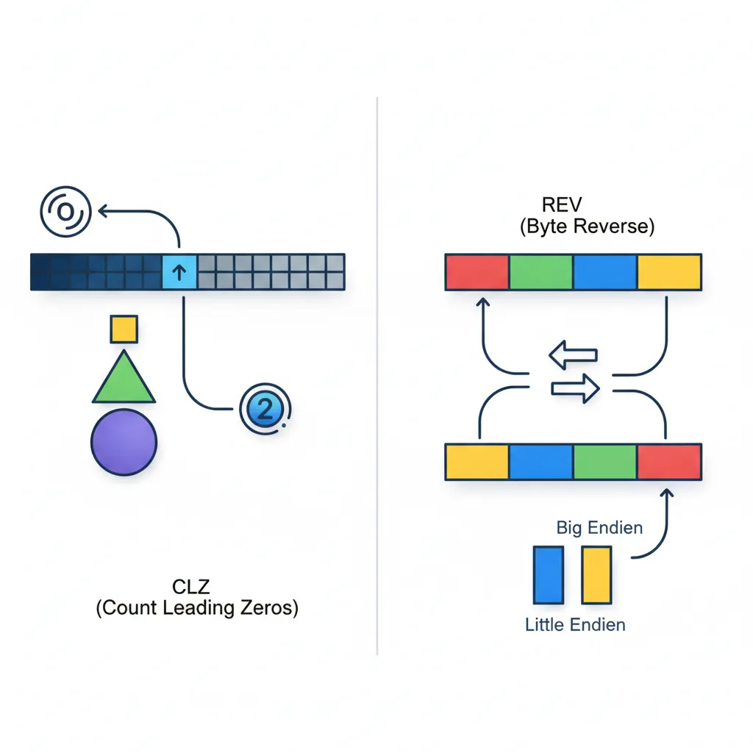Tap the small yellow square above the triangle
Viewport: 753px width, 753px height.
pyautogui.click(x=124, y=329)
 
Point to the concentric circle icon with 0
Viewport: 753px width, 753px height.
pyautogui.click(x=65, y=212)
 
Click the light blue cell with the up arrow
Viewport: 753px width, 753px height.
pyautogui.click(x=179, y=272)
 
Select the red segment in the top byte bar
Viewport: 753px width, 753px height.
pyautogui.click(x=477, y=272)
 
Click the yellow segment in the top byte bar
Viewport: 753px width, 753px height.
pyautogui.click(x=668, y=272)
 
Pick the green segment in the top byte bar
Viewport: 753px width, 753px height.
pyautogui.click(x=540, y=272)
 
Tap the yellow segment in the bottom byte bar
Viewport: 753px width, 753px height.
pyautogui.click(x=477, y=462)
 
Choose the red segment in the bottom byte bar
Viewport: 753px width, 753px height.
pyautogui.click(x=668, y=462)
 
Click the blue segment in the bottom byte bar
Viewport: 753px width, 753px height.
pyautogui.click(x=540, y=462)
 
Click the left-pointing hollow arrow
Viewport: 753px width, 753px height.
pyautogui.click(x=573, y=356)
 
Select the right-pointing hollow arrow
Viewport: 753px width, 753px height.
pyautogui.click(x=576, y=388)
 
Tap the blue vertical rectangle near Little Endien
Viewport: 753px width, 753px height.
pyautogui.click(x=547, y=575)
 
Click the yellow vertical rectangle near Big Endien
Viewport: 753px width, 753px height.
pyautogui.click(x=596, y=575)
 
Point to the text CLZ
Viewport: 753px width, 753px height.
pyautogui.click(x=191, y=587)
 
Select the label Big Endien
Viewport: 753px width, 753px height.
pyautogui.click(x=599, y=527)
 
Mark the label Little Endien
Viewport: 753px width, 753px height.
pyautogui.click(x=575, y=625)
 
